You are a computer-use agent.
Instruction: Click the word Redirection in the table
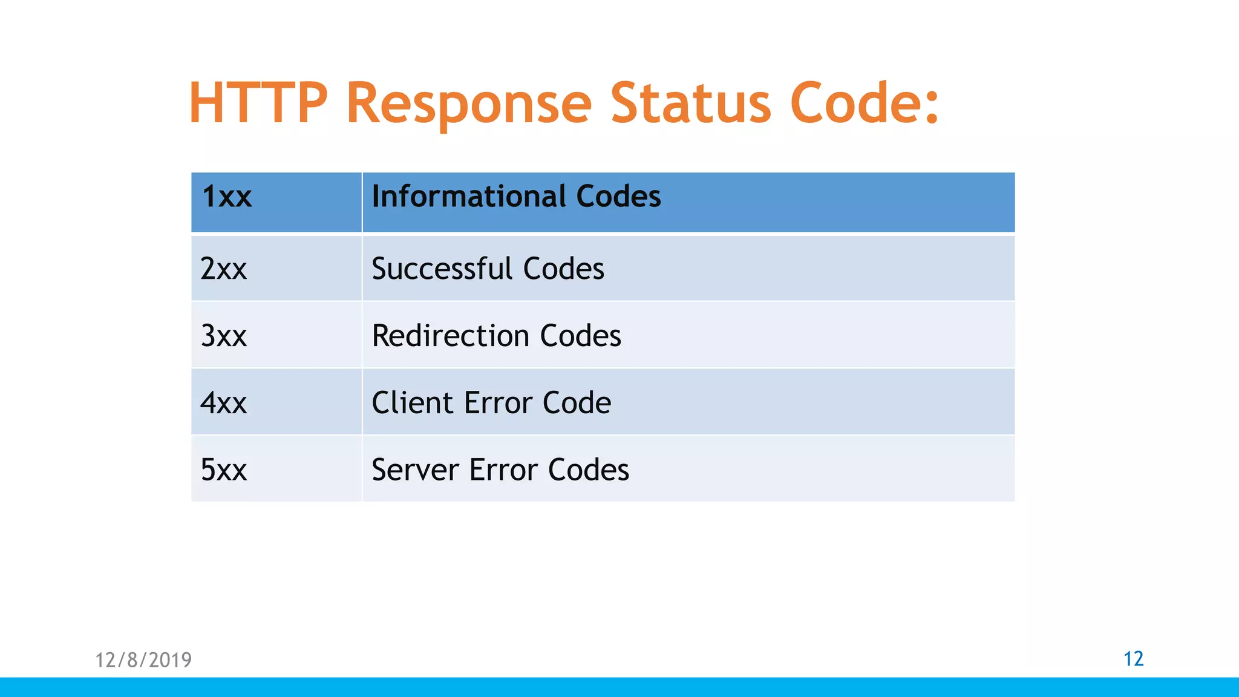point(450,336)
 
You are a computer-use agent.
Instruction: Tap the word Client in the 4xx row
point(413,403)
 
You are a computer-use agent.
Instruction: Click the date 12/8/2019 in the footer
point(143,659)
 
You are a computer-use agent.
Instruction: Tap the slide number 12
point(1133,658)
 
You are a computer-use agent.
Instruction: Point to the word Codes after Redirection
point(580,336)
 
